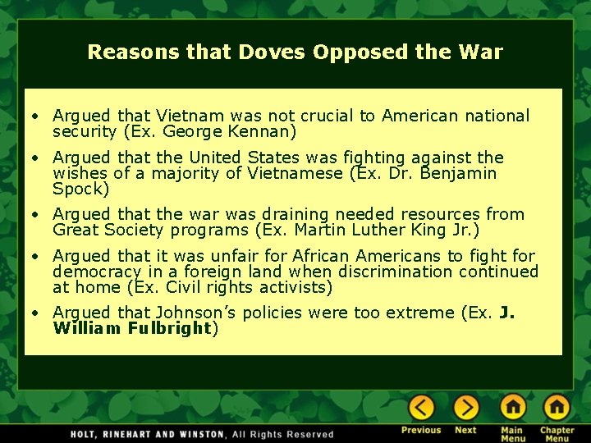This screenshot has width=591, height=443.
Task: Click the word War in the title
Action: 480,53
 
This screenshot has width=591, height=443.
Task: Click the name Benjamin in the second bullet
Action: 459,173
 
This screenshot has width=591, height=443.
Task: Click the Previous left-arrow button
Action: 421,407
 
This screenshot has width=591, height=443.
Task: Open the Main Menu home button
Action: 512,407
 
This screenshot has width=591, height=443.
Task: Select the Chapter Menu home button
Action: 556,407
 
